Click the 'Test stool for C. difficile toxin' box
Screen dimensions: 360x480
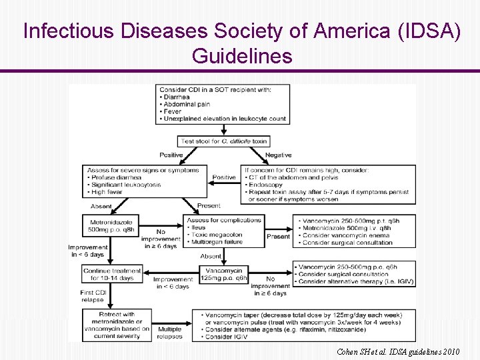(223, 141)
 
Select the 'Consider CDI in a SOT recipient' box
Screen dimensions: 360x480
(223, 104)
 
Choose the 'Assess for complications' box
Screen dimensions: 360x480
(224, 231)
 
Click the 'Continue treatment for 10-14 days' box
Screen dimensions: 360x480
(112, 274)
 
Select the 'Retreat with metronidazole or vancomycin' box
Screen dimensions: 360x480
(117, 325)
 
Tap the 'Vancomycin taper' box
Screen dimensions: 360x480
(304, 325)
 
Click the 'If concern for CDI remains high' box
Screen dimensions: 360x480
(329, 185)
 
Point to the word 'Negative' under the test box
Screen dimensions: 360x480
(278, 155)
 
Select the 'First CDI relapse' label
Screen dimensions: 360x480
(92, 296)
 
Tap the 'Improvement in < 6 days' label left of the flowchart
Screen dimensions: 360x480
(87, 251)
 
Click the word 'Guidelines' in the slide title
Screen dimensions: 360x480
(242, 55)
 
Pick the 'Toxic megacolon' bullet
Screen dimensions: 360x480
(216, 235)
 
